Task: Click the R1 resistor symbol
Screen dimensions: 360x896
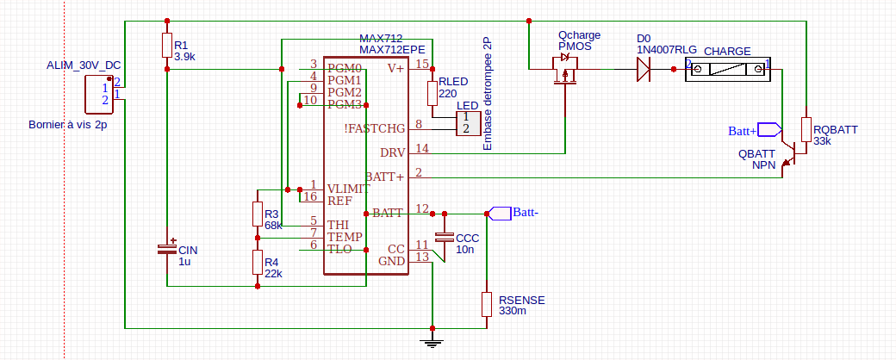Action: click(165, 46)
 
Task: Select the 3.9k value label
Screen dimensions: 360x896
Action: click(184, 56)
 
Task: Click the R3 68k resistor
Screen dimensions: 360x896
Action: click(257, 214)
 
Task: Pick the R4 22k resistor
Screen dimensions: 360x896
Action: click(257, 262)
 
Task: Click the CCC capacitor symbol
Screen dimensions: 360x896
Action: click(445, 237)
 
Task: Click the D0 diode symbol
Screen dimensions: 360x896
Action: click(642, 69)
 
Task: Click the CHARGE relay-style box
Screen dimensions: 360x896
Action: click(726, 69)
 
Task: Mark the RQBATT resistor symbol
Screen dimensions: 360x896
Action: click(806, 129)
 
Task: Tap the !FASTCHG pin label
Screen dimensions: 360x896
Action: click(375, 128)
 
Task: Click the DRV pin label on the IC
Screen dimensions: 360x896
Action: click(392, 152)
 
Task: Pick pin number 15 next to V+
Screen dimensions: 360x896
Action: click(421, 64)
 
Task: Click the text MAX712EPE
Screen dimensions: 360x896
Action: click(395, 50)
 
